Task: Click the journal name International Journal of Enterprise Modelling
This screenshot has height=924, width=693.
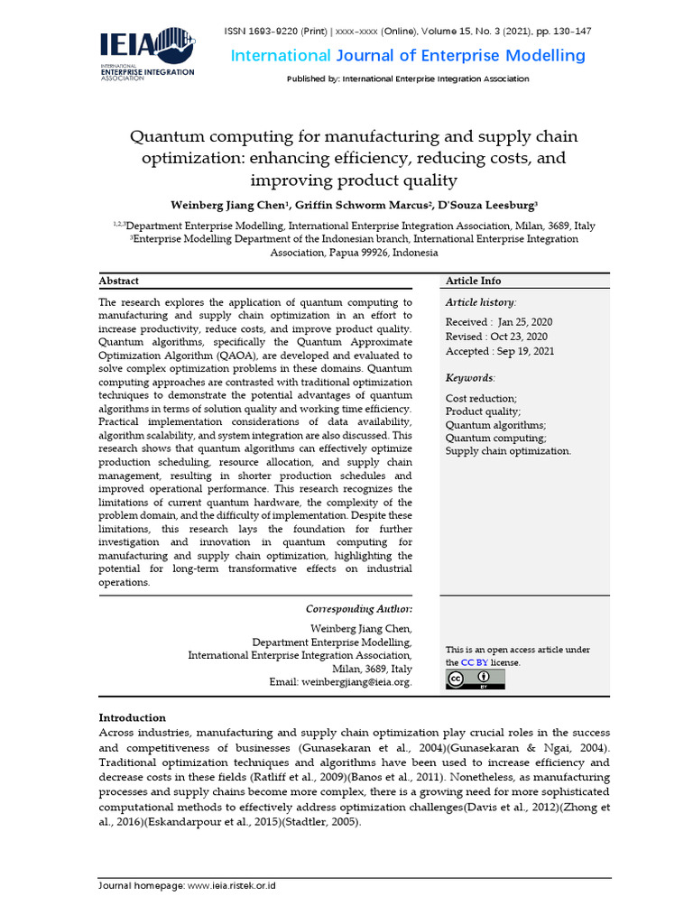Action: (408, 56)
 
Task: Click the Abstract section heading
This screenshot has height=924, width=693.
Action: (118, 281)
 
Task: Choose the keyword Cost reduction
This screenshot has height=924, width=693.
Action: (481, 398)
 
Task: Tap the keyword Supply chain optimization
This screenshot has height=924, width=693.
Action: (508, 451)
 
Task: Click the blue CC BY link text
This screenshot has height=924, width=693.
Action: (474, 662)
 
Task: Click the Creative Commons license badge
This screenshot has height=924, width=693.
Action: (475, 679)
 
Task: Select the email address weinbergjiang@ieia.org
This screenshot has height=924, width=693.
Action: (356, 682)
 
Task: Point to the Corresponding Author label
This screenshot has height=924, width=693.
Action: (359, 608)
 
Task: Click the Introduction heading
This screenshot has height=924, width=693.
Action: (132, 717)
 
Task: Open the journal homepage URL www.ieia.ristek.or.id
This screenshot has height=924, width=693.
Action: (231, 886)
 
